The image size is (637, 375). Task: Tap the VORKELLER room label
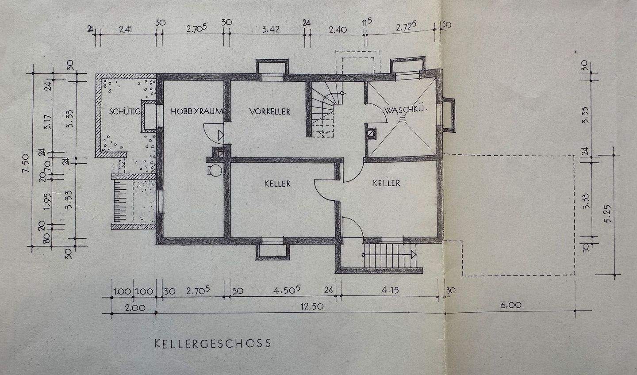[x=269, y=111]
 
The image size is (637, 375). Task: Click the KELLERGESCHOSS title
[x=212, y=343]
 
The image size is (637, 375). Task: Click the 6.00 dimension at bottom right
[x=512, y=305]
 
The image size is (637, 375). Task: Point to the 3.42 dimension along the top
[x=271, y=30]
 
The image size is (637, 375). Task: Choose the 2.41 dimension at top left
[x=126, y=30]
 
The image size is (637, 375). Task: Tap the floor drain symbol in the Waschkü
[x=402, y=118]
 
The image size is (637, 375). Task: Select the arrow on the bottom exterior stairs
[x=413, y=254]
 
